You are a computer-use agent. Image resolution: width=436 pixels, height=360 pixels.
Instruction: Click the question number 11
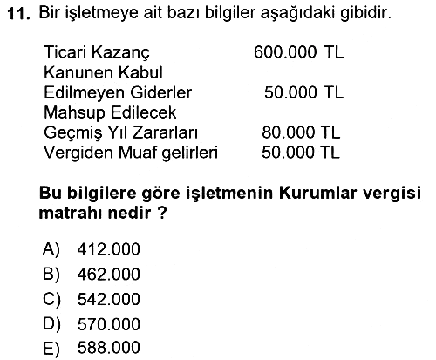(x=19, y=14)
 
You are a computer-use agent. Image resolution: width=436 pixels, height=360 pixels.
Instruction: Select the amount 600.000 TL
(x=299, y=52)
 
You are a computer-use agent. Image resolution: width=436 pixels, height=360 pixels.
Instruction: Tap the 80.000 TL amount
(x=301, y=132)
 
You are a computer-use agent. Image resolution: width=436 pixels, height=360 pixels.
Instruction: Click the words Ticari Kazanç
(x=97, y=53)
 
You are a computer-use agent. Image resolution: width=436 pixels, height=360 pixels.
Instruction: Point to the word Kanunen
(x=78, y=72)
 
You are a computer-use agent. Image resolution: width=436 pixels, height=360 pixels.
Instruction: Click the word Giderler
(x=161, y=92)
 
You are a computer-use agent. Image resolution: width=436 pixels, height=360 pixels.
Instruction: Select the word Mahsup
(x=74, y=113)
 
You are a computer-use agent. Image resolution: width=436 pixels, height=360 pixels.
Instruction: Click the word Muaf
(x=136, y=153)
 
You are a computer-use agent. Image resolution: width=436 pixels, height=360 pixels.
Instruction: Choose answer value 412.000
(x=109, y=249)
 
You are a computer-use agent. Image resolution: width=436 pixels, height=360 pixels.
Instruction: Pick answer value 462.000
(x=109, y=275)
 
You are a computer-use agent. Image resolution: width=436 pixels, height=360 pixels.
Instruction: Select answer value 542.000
(x=109, y=299)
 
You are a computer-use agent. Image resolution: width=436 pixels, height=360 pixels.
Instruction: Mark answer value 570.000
(x=109, y=324)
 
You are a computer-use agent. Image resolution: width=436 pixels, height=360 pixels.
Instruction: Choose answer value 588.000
(x=109, y=348)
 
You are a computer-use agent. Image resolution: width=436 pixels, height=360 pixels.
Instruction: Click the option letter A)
(x=51, y=249)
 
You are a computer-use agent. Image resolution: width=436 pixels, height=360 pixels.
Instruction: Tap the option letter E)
(x=51, y=348)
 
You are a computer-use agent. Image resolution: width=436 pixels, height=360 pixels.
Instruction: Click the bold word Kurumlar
(x=317, y=193)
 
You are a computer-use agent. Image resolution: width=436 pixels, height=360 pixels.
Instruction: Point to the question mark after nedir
(x=163, y=213)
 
